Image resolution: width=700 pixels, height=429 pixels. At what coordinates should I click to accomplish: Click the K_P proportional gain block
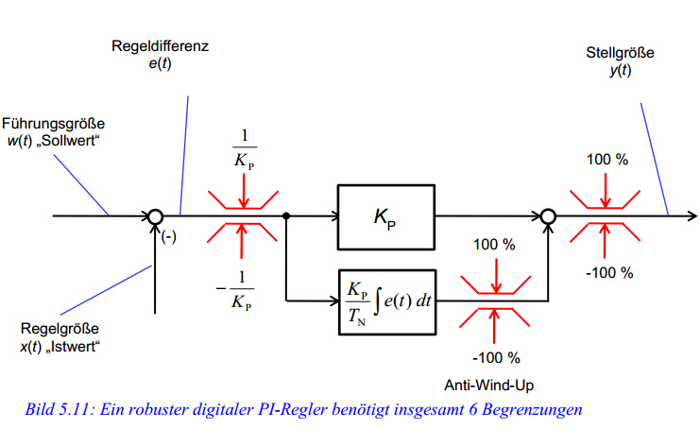385,215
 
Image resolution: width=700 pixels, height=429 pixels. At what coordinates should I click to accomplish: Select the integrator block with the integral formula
385,301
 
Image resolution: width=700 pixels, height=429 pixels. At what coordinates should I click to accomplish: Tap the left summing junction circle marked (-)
155,216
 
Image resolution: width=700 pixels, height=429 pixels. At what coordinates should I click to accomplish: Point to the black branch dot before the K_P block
285,216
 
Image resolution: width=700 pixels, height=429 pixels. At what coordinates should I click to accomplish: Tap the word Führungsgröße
53,124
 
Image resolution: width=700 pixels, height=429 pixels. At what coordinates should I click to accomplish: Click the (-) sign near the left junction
169,236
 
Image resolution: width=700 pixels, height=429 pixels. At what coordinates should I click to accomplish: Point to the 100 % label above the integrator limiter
494,244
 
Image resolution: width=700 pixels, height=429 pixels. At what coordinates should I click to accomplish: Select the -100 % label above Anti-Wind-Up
494,357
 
